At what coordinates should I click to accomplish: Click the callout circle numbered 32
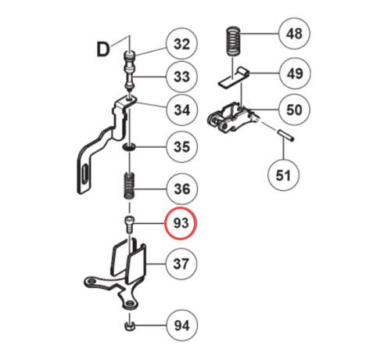[181, 44]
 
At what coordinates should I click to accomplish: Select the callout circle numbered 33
[181, 77]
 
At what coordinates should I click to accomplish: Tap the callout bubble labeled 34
[182, 110]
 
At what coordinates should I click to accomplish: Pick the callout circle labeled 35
[181, 147]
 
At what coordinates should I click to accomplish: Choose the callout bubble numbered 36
[182, 189]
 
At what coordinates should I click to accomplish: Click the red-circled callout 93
[181, 223]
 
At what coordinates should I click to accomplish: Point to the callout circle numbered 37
[181, 264]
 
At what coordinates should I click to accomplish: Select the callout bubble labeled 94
[182, 326]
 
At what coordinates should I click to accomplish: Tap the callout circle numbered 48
[294, 34]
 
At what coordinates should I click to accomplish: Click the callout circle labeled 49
[295, 74]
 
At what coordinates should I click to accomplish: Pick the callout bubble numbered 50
[294, 110]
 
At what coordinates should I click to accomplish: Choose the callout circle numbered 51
[283, 175]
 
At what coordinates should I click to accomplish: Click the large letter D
[103, 49]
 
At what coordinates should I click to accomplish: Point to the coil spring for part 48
[233, 41]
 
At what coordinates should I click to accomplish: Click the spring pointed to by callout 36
[129, 186]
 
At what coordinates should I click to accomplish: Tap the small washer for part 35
[129, 147]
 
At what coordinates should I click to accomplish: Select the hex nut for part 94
[129, 326]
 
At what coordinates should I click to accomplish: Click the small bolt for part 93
[130, 224]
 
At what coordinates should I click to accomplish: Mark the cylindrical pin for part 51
[285, 135]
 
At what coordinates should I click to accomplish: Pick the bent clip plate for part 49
[234, 77]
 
